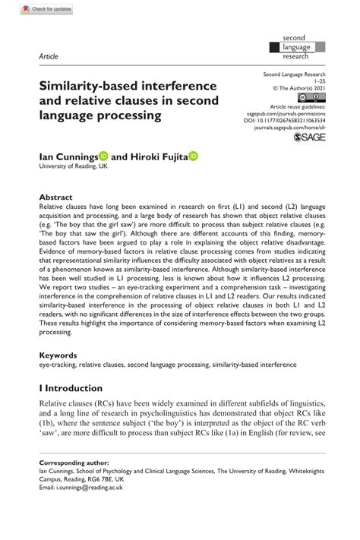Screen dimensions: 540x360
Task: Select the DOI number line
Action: coord(288,119)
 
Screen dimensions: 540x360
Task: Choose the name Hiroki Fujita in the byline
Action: coord(159,155)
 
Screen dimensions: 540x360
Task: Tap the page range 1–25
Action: coord(317,81)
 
